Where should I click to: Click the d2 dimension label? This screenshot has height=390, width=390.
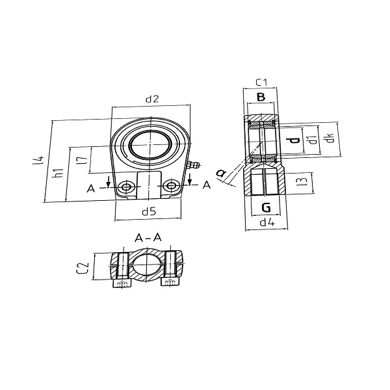pyautogui.click(x=152, y=99)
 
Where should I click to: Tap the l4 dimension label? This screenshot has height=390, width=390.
pyautogui.click(x=38, y=160)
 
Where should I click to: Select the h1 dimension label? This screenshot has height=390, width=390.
pyautogui.click(x=59, y=173)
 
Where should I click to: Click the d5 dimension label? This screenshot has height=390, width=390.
pyautogui.click(x=149, y=212)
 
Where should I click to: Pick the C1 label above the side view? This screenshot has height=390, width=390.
pyautogui.click(x=262, y=82)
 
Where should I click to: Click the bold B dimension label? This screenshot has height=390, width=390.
pyautogui.click(x=261, y=97)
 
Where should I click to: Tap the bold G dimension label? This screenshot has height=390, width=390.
pyautogui.click(x=266, y=207)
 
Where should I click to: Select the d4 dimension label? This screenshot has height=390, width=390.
pyautogui.click(x=267, y=222)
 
